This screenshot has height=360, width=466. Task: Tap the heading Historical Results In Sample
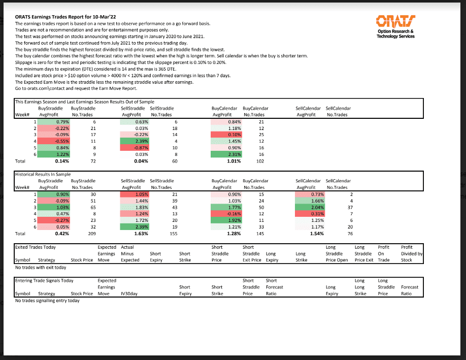(43, 174)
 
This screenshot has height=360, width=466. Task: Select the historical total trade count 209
(92, 234)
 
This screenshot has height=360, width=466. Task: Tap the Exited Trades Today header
(36, 247)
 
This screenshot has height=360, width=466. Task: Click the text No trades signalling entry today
(47, 301)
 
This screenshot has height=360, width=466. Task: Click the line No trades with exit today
(41, 267)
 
